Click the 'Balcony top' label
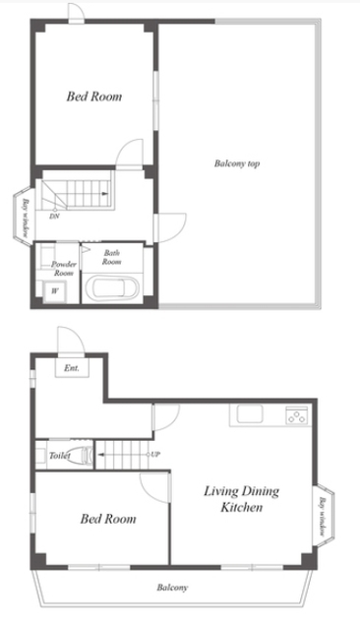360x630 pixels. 237,163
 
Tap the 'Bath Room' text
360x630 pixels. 111,257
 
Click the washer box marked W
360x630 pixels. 55,291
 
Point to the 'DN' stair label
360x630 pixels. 54,217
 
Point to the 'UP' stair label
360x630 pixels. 155,455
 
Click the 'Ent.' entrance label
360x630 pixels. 72,367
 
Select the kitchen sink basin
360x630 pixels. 250,413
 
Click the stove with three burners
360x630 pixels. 297,415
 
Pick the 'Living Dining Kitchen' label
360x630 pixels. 242,499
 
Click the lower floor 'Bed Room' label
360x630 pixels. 108,519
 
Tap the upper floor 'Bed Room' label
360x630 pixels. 93,96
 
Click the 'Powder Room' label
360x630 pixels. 63,269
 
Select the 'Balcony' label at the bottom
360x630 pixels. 172,588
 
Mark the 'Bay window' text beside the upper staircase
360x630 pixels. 26,218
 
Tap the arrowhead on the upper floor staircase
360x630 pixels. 104,194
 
